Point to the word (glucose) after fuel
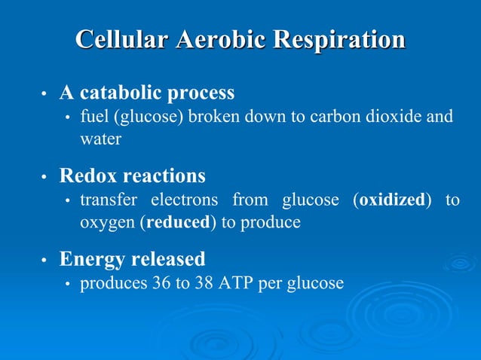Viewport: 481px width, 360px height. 142,117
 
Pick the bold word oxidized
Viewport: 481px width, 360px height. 392,200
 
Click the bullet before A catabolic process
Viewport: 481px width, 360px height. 44,94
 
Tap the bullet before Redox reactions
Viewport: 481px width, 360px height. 44,178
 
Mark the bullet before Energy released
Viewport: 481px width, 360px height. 44,261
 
